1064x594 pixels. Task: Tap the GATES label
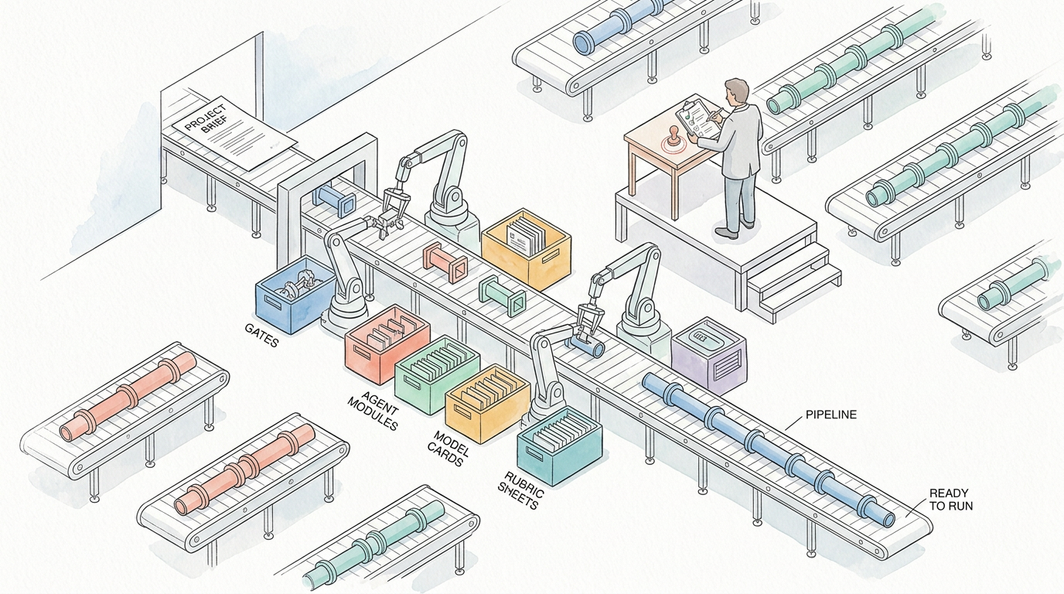[x=261, y=335]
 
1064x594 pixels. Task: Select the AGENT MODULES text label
[x=373, y=411]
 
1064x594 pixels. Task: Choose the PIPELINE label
[x=831, y=415]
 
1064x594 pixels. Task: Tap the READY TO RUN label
[x=951, y=500]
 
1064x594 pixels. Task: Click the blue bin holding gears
[x=295, y=295]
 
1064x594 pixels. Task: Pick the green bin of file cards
[x=437, y=374]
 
